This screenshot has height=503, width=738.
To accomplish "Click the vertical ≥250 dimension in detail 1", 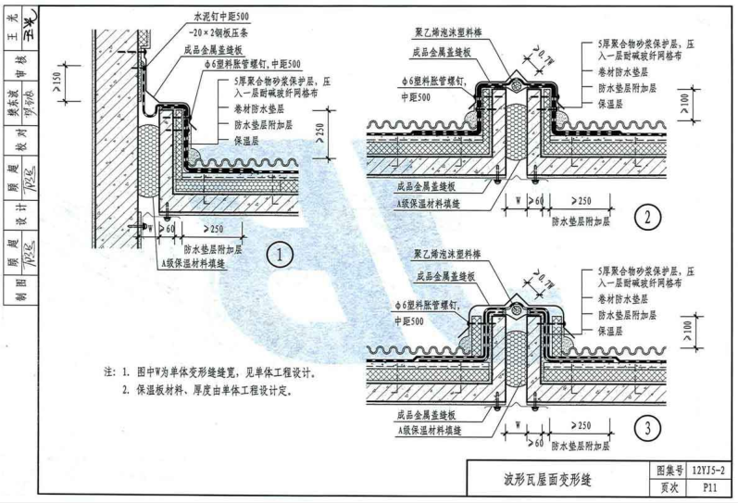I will point(322,137).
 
